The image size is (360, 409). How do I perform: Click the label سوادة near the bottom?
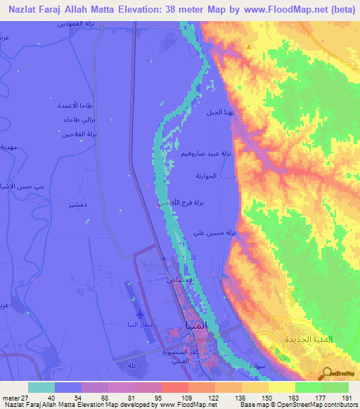click(x=257, y=367)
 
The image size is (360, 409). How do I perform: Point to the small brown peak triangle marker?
click(x=247, y=46)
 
